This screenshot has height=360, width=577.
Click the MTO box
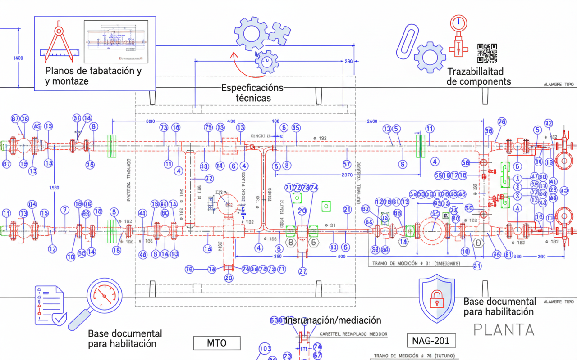pyautogui.click(x=217, y=343)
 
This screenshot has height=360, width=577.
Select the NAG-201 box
pyautogui.click(x=430, y=341)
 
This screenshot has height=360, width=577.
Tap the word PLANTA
pyautogui.click(x=504, y=330)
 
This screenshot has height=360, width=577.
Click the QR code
pyautogui.click(x=487, y=53)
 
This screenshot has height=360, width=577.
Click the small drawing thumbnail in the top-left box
pyautogui.click(x=116, y=41)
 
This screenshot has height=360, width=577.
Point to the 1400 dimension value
pyautogui.click(x=18, y=58)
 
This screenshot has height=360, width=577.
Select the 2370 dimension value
pyautogui.click(x=347, y=175)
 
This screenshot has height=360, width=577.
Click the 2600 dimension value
pyautogui.click(x=372, y=121)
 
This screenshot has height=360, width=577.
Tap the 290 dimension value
pyautogui.click(x=348, y=62)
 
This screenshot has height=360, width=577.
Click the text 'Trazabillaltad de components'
pyautogui.click(x=478, y=76)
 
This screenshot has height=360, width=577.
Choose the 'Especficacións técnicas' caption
pyautogui.click(x=252, y=93)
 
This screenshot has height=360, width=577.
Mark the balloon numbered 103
pyautogui.click(x=265, y=348)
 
